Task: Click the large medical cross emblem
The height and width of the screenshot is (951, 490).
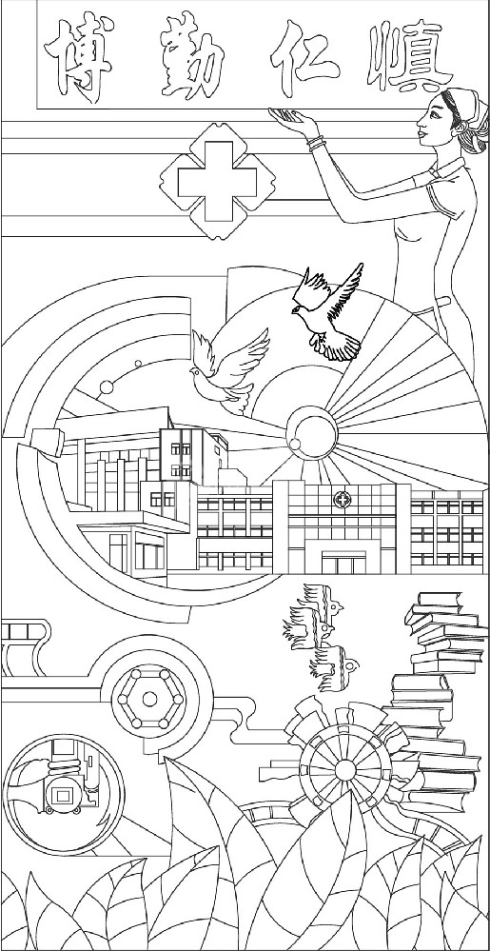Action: [217, 181]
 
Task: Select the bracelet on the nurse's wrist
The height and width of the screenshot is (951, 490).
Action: [316, 143]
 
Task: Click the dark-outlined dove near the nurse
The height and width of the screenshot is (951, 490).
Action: [328, 311]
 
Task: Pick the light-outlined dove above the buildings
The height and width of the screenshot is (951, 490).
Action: [229, 370]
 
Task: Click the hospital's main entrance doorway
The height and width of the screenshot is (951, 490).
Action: [343, 563]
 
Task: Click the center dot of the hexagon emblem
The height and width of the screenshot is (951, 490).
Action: [149, 700]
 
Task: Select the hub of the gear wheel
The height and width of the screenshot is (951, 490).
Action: [344, 770]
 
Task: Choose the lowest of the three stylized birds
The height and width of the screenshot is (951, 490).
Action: [333, 668]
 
